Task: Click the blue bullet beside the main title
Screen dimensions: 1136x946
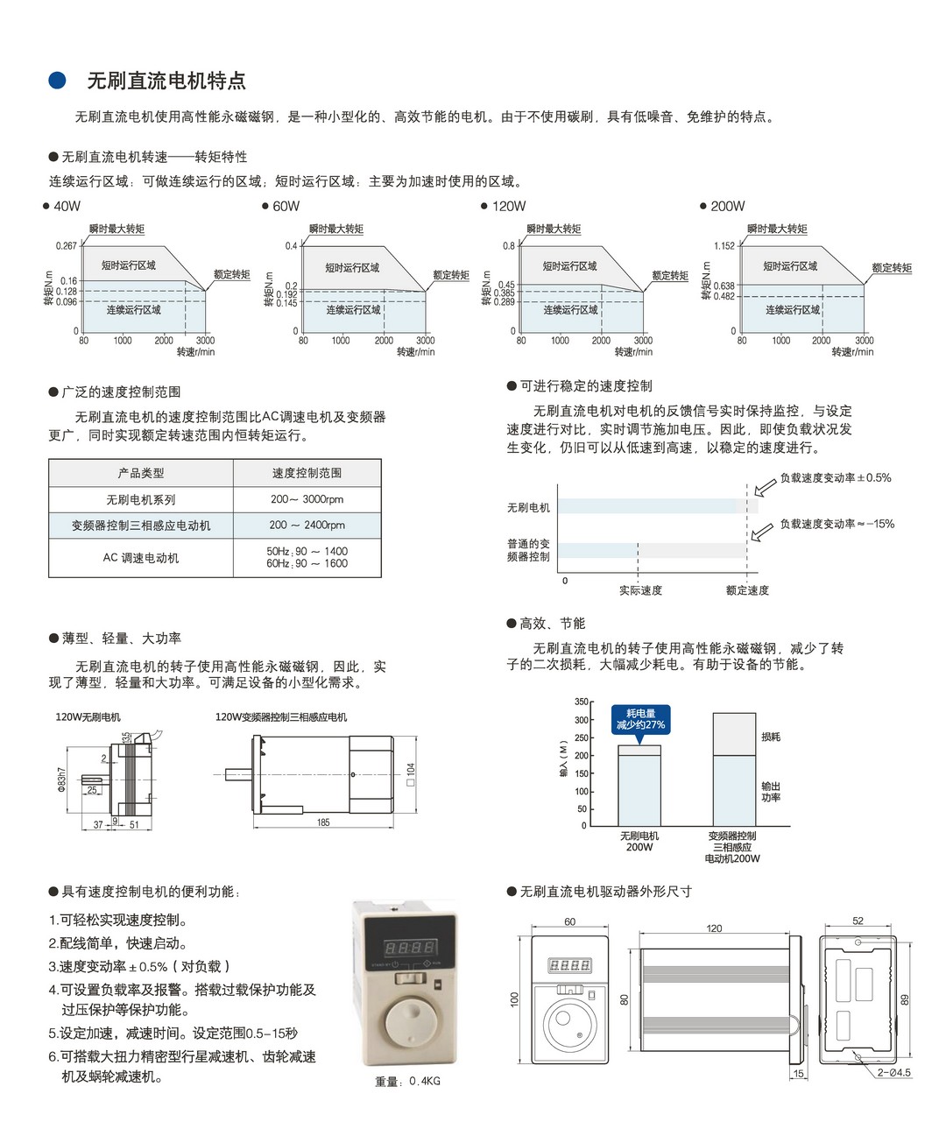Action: (57, 81)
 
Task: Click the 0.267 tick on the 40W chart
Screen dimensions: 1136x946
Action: (67, 246)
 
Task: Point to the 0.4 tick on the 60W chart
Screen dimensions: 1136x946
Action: (291, 246)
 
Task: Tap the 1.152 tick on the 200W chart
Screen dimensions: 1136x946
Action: (724, 246)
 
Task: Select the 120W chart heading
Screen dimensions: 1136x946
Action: (508, 207)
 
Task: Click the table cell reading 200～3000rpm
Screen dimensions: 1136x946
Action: (307, 499)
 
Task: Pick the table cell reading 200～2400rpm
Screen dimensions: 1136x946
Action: (307, 526)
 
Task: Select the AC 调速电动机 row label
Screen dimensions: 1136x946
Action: (141, 558)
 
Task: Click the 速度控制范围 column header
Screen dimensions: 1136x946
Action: (307, 473)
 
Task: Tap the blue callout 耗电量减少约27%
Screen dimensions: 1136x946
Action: (640, 719)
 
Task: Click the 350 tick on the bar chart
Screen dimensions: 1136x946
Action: (582, 702)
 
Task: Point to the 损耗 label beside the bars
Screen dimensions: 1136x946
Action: (771, 737)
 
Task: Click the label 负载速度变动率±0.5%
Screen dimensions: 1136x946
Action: (836, 478)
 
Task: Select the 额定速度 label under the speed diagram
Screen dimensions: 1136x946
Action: (747, 590)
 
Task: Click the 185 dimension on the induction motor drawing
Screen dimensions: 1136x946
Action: (323, 822)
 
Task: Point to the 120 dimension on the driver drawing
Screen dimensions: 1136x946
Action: (714, 928)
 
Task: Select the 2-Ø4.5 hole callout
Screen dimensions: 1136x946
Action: (893, 1073)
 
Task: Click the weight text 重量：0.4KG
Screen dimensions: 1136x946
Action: (407, 1082)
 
